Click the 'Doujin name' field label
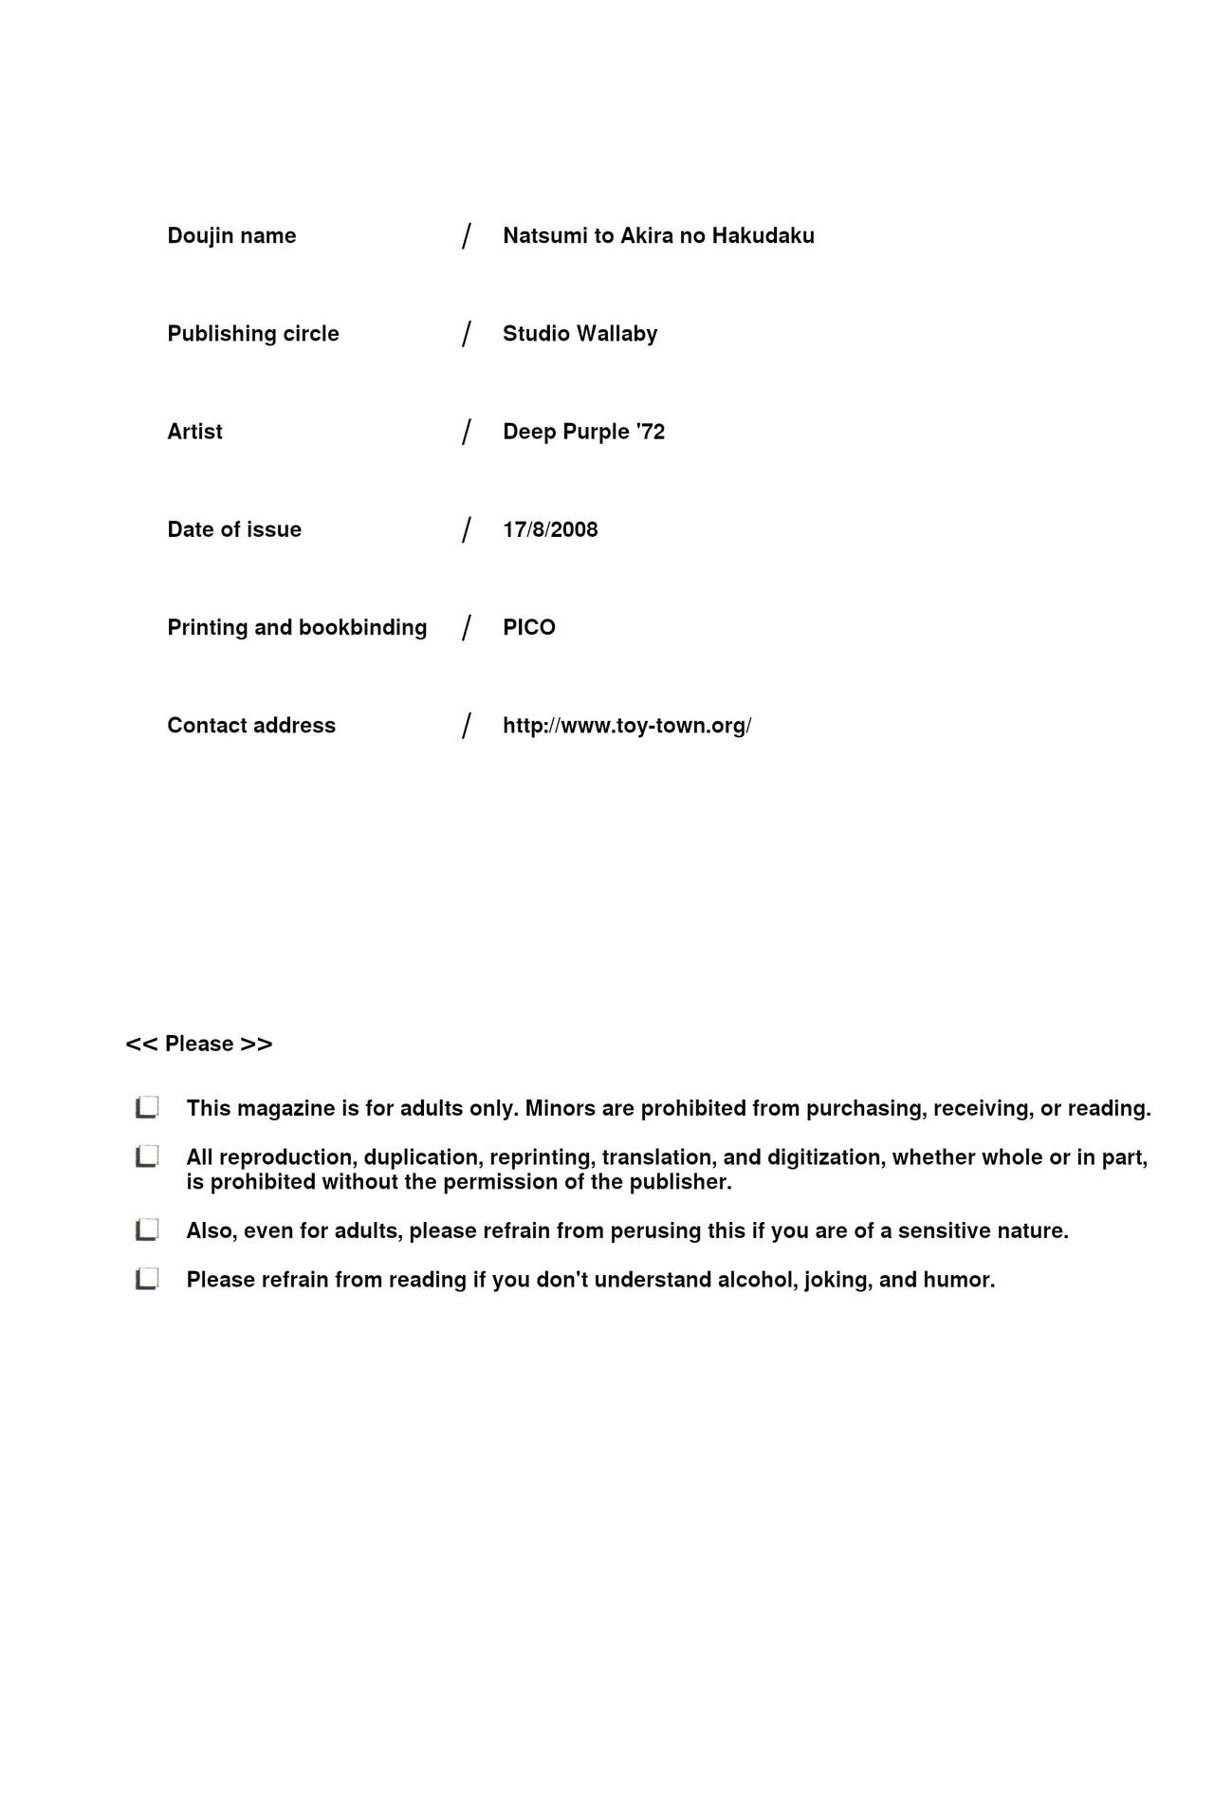pyautogui.click(x=231, y=235)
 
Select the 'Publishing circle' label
pyautogui.click(x=253, y=334)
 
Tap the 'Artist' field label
pyautogui.click(x=194, y=432)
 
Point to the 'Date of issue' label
pyautogui.click(x=234, y=529)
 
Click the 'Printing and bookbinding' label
pyautogui.click(x=297, y=627)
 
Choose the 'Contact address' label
pyautogui.click(x=251, y=726)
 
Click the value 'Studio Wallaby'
pyautogui.click(x=579, y=334)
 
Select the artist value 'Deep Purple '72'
pyautogui.click(x=583, y=432)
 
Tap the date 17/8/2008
pyautogui.click(x=550, y=529)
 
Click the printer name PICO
pyautogui.click(x=529, y=627)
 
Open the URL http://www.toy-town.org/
pyautogui.click(x=627, y=726)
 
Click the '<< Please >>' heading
pyautogui.click(x=199, y=1044)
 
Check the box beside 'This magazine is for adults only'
pyautogui.click(x=147, y=1107)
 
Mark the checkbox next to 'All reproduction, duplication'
pyautogui.click(x=147, y=1156)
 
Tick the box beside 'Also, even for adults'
pyautogui.click(x=147, y=1230)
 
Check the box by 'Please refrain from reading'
pyautogui.click(x=147, y=1279)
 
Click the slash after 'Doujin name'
pyautogui.click(x=466, y=235)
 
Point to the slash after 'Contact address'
pyautogui.click(x=466, y=726)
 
